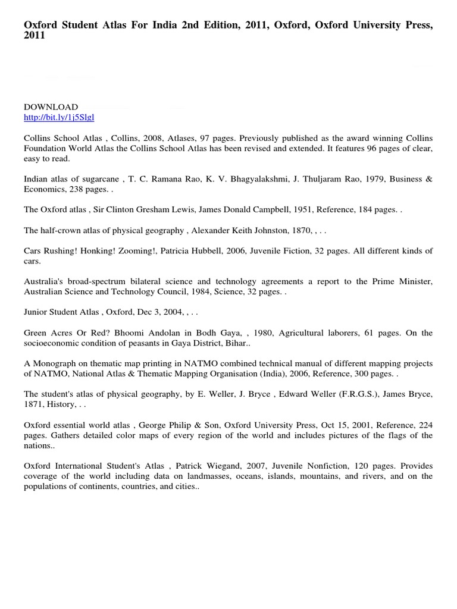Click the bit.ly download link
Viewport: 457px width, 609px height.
[x=59, y=118]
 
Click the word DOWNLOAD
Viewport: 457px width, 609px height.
[x=51, y=107]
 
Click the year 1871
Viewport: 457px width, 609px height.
[x=34, y=405]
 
